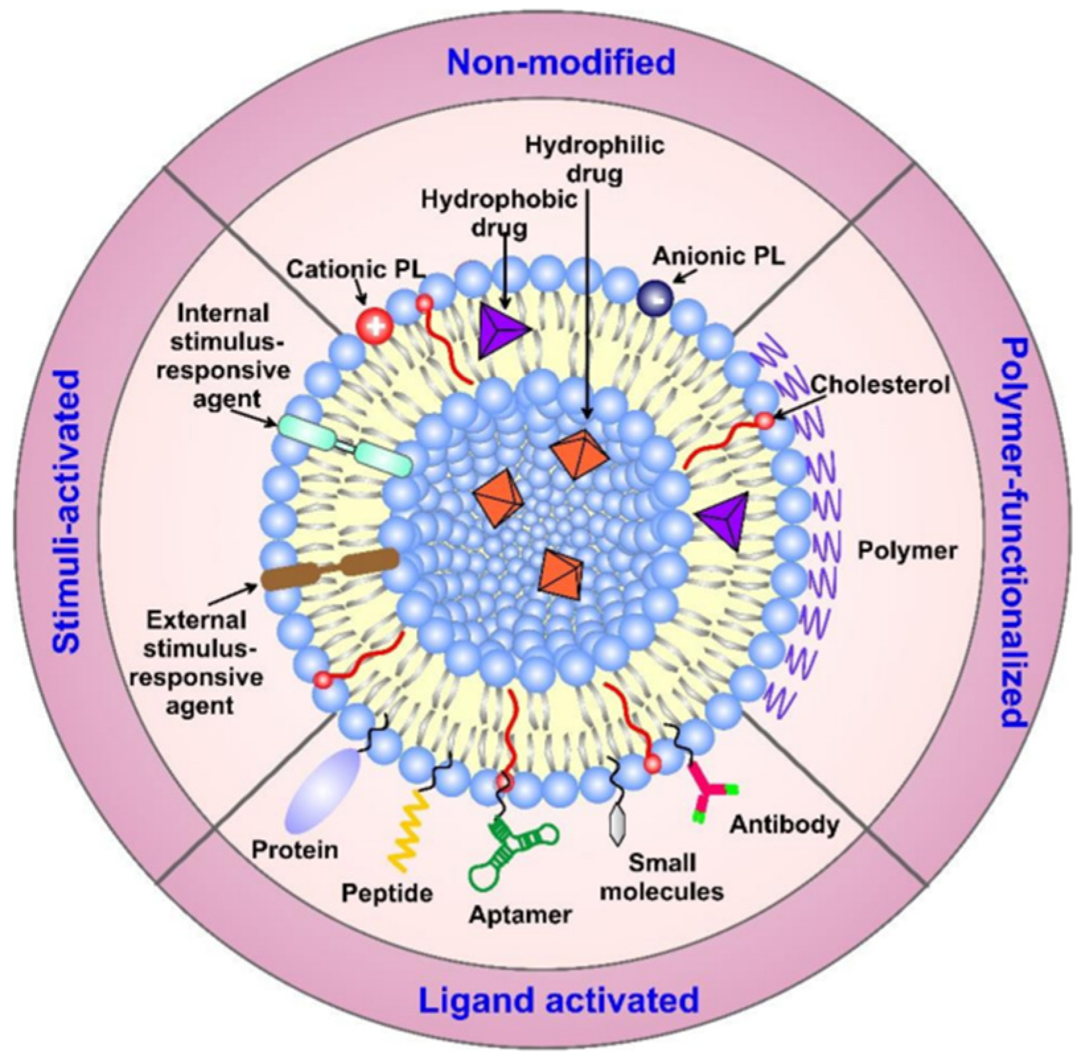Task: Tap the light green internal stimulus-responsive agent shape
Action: click(x=345, y=444)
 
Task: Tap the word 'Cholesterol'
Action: click(x=880, y=385)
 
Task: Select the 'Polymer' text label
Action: click(x=907, y=549)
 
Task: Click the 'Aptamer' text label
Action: click(x=520, y=915)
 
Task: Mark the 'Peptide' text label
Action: click(x=387, y=893)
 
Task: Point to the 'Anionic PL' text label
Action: click(x=719, y=257)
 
